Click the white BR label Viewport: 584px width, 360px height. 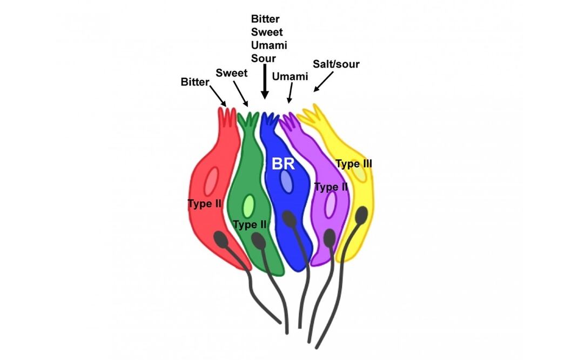[283, 164]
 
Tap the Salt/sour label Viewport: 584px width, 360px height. [335, 64]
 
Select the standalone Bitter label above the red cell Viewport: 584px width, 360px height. [196, 82]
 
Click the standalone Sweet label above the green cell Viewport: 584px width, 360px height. [232, 72]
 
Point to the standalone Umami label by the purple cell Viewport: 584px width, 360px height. [290, 76]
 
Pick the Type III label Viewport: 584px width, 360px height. [354, 163]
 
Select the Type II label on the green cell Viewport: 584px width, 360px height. [250, 224]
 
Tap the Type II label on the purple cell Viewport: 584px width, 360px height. [331, 187]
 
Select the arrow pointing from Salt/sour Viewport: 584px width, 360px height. [324, 83]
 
